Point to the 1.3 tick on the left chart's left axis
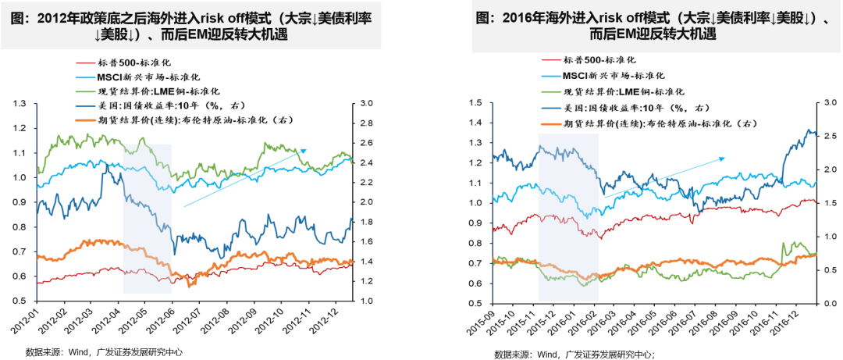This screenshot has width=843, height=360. pyautogui.click(x=20, y=103)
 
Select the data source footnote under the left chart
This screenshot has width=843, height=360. pyautogui.click(x=105, y=352)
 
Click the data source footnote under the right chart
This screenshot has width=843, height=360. pyautogui.click(x=574, y=354)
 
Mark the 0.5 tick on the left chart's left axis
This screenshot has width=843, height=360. pyautogui.click(x=20, y=301)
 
